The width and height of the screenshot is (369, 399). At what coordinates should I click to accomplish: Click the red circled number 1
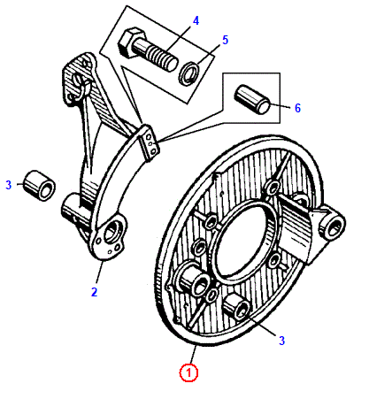click(x=188, y=372)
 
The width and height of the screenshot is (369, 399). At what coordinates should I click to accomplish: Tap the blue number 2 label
click(x=94, y=292)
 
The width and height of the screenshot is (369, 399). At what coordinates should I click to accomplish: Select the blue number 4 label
click(x=196, y=20)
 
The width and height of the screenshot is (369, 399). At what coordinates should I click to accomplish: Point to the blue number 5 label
click(x=225, y=40)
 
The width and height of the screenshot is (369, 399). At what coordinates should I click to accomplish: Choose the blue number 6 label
click(x=297, y=108)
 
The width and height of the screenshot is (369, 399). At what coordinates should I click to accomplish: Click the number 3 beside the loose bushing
click(x=9, y=185)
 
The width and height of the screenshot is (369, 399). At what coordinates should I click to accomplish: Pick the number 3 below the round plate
click(x=281, y=341)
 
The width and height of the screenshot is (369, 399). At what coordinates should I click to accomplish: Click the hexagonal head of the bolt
click(x=129, y=42)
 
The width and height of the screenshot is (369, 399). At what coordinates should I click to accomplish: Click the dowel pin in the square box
click(x=252, y=99)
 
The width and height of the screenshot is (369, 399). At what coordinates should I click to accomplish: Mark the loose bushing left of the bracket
click(x=39, y=186)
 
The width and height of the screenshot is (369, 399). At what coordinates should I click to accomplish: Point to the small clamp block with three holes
click(x=150, y=142)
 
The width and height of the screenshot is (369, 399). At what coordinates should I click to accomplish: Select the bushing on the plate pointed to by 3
click(x=236, y=307)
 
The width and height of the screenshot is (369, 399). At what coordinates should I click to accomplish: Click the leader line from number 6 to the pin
click(x=280, y=106)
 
